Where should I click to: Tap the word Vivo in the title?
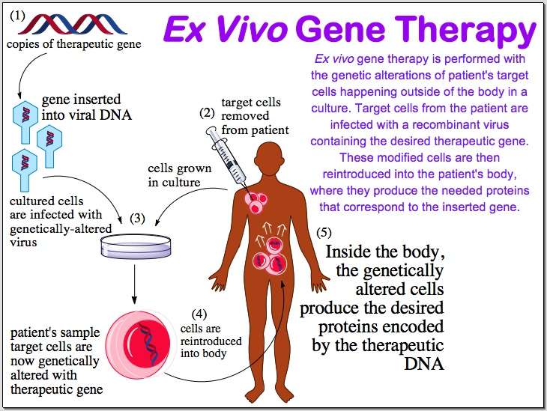[251, 28]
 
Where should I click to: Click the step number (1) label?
[17, 15]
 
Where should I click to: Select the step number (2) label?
[207, 113]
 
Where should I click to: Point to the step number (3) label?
[137, 218]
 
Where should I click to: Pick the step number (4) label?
[199, 314]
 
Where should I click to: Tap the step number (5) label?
[324, 232]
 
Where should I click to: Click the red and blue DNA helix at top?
[72, 25]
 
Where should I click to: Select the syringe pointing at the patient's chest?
[228, 156]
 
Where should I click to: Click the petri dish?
[136, 246]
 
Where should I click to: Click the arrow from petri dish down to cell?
[135, 284]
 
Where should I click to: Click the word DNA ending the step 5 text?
[424, 364]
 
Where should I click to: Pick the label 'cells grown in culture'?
[179, 175]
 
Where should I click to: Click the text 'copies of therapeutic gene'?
[74, 44]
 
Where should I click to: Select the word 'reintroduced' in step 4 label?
[211, 341]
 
